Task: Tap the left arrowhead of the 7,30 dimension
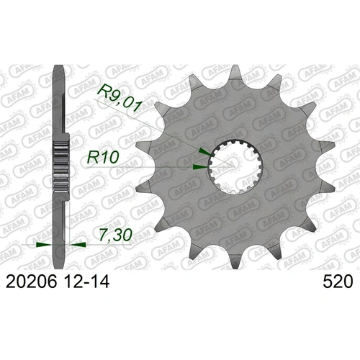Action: [44, 245]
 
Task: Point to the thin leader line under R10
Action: [144, 167]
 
